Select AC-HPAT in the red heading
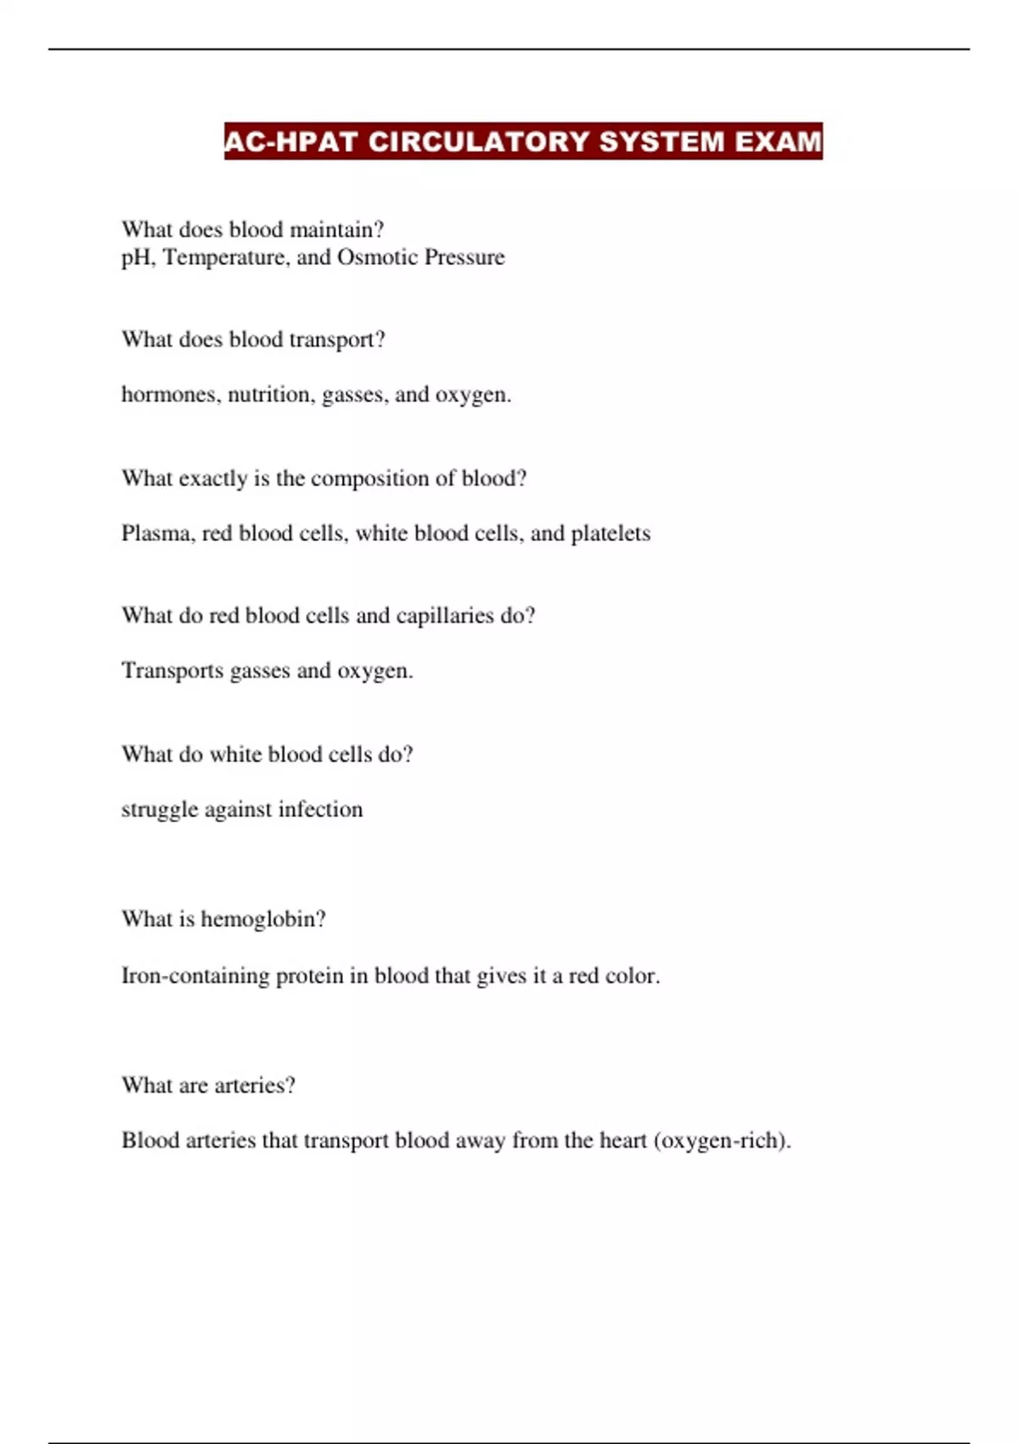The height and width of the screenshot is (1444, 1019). click(x=290, y=141)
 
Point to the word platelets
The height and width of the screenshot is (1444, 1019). click(x=611, y=533)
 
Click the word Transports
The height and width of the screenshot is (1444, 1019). click(x=172, y=670)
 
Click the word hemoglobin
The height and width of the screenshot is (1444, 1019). click(x=262, y=919)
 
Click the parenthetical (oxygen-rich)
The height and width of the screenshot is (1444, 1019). click(x=722, y=1140)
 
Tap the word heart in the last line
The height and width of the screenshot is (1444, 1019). click(x=622, y=1140)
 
